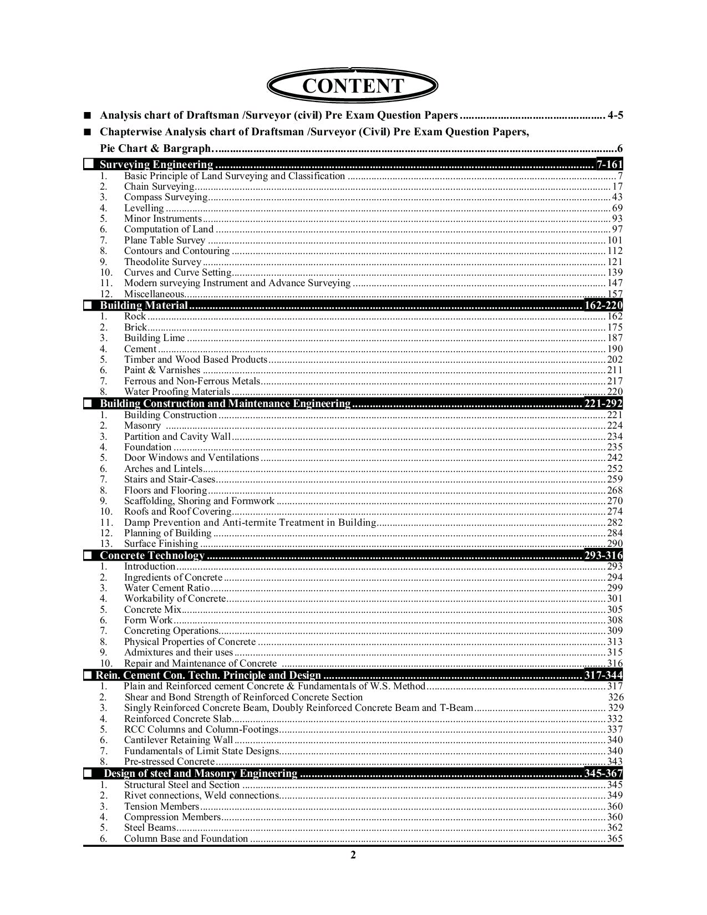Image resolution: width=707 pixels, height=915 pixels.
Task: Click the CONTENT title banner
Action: coord(353,87)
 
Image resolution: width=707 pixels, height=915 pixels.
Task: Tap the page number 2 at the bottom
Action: coord(353,855)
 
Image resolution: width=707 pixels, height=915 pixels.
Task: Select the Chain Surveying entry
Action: coord(159,187)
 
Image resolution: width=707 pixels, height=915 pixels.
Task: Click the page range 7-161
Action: coord(609,165)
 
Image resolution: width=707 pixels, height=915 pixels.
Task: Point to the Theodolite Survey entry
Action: coord(162,262)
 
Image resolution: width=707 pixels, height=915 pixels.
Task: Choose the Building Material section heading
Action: coord(144,306)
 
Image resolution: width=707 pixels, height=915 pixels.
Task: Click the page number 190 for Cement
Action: coord(615,349)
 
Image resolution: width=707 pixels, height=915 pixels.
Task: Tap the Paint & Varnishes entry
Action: coord(162,370)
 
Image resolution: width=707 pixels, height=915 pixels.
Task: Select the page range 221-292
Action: coord(603,404)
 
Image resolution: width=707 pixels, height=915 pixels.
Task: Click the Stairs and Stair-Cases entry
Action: coord(169,479)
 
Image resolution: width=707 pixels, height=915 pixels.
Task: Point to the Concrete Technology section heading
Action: coord(152,556)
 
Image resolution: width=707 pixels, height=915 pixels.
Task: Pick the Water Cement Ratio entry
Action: coord(167,588)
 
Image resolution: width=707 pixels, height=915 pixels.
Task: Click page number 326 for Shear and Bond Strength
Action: coord(616,697)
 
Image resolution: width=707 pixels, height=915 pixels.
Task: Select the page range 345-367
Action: coord(603,774)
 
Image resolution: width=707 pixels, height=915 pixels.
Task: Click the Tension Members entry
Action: coord(161,806)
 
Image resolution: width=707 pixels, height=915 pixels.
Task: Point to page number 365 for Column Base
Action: coord(615,838)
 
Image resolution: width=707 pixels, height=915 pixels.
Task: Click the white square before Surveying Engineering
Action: coord(88,165)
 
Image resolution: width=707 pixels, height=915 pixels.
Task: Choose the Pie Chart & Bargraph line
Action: coord(156,149)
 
